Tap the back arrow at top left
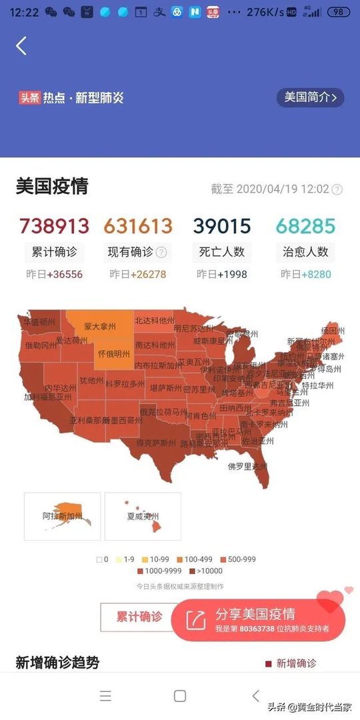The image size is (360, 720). point(21,46)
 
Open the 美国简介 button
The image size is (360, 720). point(310,97)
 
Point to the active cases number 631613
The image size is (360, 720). point(138,226)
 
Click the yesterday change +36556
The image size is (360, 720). point(64,274)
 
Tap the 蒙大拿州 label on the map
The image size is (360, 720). point(100,327)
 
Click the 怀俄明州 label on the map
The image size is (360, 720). point(113,354)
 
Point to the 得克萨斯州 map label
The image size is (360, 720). point(157,442)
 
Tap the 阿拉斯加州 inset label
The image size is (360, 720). point(62,517)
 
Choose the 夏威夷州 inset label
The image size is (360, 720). point(143,517)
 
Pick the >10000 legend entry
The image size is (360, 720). point(207,571)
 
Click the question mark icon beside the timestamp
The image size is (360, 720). point(337,189)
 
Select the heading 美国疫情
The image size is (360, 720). point(52,186)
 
